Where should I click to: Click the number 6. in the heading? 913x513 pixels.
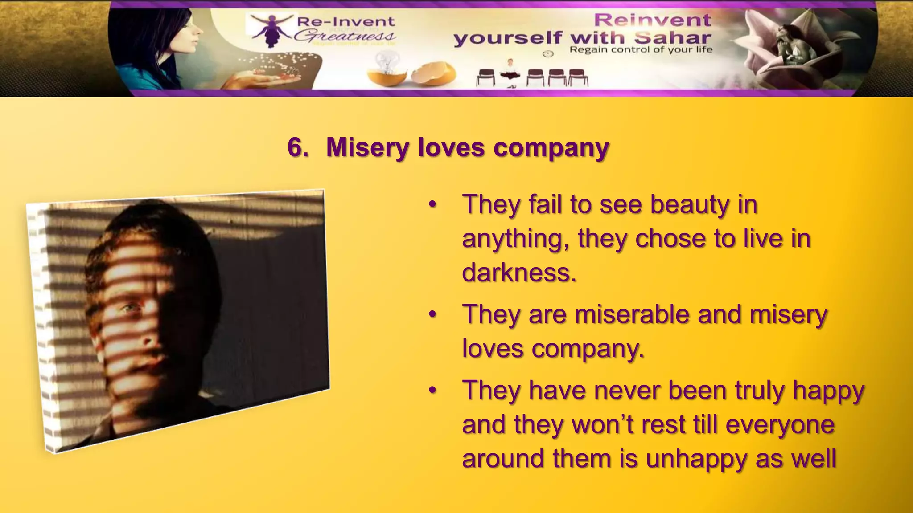click(x=298, y=147)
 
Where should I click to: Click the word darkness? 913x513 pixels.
click(x=519, y=273)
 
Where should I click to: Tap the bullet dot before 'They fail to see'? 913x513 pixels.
click(x=432, y=205)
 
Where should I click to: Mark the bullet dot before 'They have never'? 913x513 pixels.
click(x=432, y=391)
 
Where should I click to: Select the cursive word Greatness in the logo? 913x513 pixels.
click(x=345, y=36)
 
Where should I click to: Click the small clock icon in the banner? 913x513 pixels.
click(x=548, y=54)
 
